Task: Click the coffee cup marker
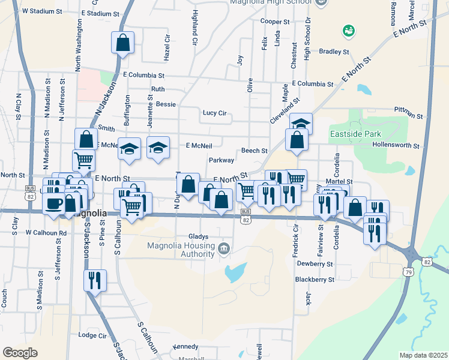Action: pyautogui.click(x=53, y=202)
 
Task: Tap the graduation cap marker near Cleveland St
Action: pyautogui.click(x=300, y=124)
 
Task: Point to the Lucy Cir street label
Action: pyautogui.click(x=214, y=113)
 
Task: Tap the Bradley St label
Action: pyautogui.click(x=334, y=52)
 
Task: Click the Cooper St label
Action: pyautogui.click(x=275, y=21)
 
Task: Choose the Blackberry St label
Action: pyautogui.click(x=315, y=280)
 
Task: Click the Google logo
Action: pyautogui.click(x=20, y=353)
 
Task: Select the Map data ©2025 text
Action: pyautogui.click(x=423, y=355)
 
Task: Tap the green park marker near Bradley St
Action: pyautogui.click(x=348, y=29)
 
